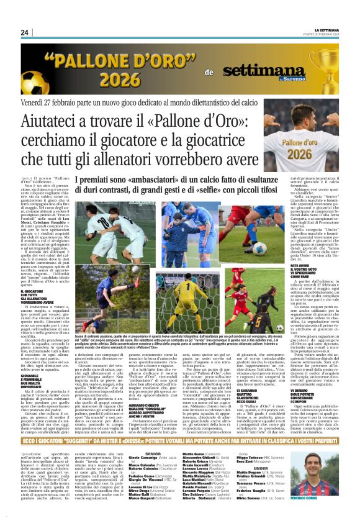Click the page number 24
tap(24, 32)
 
